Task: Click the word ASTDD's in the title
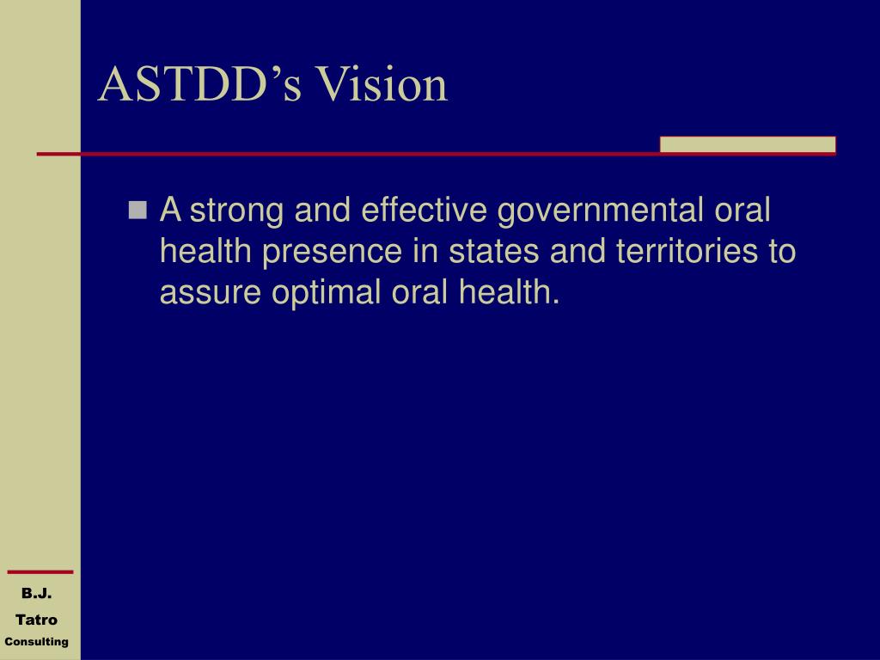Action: click(x=199, y=86)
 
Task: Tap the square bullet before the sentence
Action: click(x=137, y=210)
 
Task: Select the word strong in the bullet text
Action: click(x=236, y=211)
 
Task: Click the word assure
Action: click(x=211, y=294)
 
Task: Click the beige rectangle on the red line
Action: click(x=747, y=144)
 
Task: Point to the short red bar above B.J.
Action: click(x=40, y=571)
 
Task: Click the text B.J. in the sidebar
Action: click(x=37, y=594)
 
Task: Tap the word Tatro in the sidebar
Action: click(x=37, y=620)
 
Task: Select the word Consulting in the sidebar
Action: click(x=37, y=642)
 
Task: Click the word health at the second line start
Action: click(x=206, y=253)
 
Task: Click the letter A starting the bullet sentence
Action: click(x=171, y=210)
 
